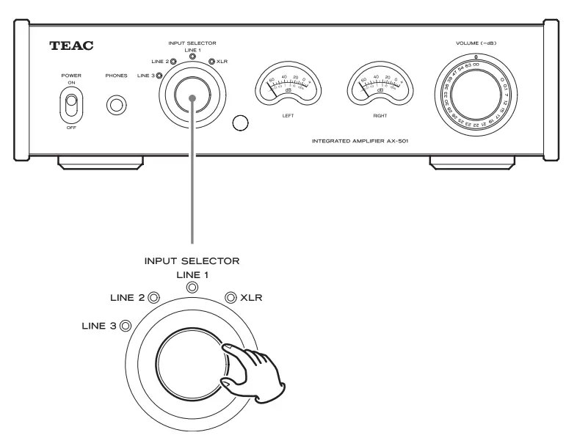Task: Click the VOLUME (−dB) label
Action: [x=476, y=45]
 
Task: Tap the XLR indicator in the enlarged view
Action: [x=231, y=297]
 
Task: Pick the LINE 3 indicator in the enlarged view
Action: [x=126, y=326]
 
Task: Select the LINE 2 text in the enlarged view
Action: [x=125, y=297]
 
